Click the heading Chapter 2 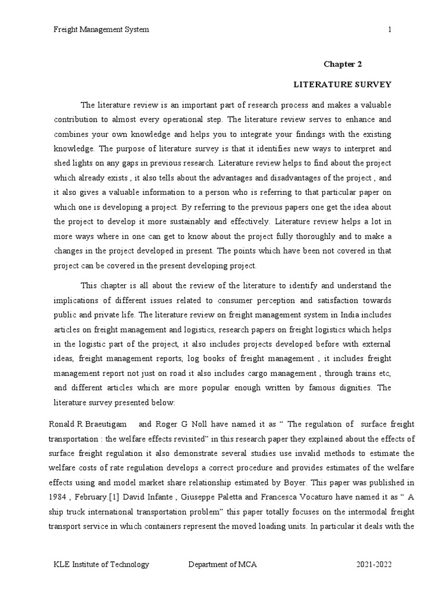[343, 65]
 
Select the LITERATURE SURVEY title [342, 85]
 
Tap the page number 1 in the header [390, 30]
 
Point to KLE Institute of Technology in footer [102, 564]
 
